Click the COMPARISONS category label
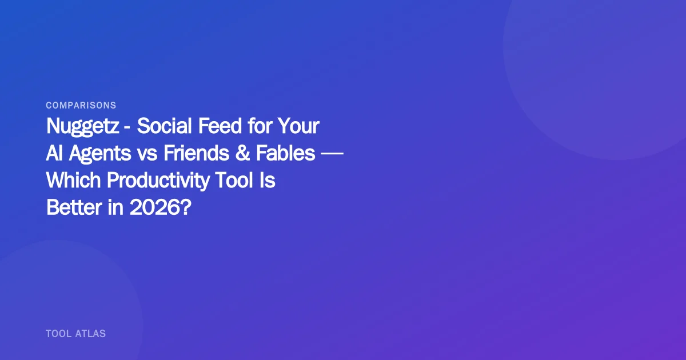point(81,105)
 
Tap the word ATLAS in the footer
point(90,333)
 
